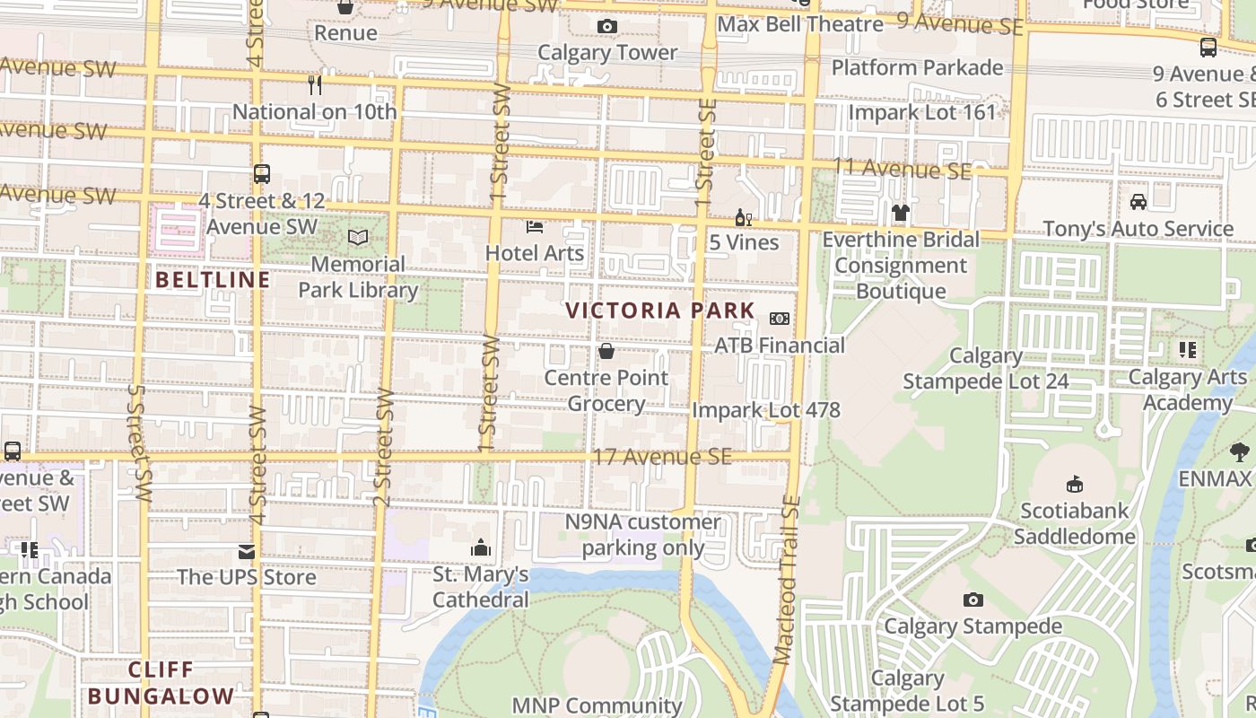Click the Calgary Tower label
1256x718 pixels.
[x=607, y=53]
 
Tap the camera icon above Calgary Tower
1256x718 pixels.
[x=607, y=27]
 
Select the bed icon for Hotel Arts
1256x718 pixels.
[x=535, y=226]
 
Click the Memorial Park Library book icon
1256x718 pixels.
[x=358, y=238]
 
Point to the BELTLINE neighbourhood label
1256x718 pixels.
[x=213, y=280]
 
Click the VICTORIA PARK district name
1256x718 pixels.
[x=660, y=311]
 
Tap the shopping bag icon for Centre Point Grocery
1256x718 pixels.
[x=606, y=351]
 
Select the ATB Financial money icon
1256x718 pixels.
[x=780, y=319]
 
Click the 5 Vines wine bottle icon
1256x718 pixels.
[x=743, y=217]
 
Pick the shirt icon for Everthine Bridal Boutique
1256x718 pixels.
[x=901, y=213]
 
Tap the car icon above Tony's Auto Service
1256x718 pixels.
[x=1138, y=202]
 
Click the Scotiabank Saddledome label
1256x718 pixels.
[x=1075, y=524]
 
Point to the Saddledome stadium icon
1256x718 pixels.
[x=1075, y=485]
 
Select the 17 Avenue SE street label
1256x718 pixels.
[x=661, y=458]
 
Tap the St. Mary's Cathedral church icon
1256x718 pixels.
[x=481, y=547]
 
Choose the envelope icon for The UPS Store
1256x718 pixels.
[x=247, y=551]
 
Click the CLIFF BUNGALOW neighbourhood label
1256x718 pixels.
[x=161, y=683]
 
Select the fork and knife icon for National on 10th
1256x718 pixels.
[x=314, y=85]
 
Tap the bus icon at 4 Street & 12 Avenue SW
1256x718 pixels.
[x=262, y=175]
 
